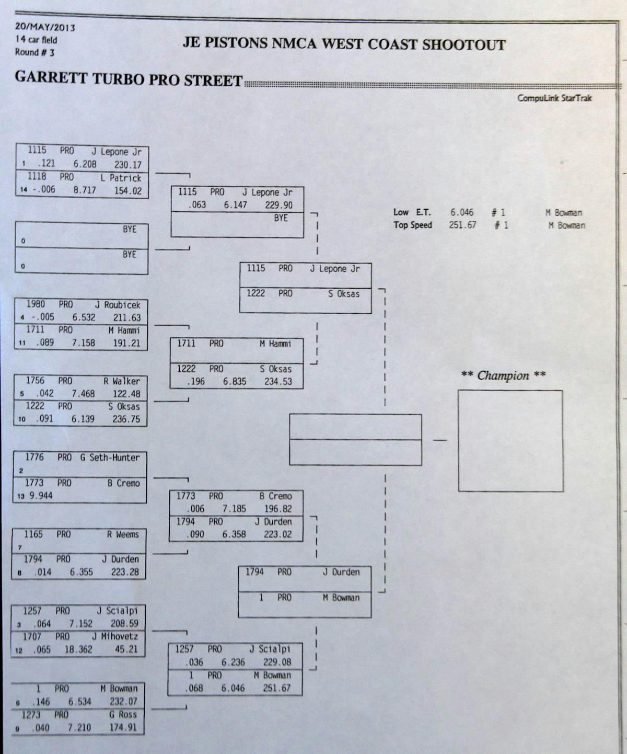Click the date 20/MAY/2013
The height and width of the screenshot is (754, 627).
pyautogui.click(x=45, y=27)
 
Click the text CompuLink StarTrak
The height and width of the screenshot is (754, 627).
pyautogui.click(x=554, y=98)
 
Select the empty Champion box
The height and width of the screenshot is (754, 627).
pyautogui.click(x=510, y=440)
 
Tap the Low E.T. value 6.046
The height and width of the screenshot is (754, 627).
pyautogui.click(x=462, y=212)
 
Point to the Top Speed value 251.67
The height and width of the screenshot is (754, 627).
pyautogui.click(x=462, y=225)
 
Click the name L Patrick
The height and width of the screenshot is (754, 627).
pyautogui.click(x=121, y=178)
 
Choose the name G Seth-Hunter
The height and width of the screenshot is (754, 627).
pyautogui.click(x=110, y=458)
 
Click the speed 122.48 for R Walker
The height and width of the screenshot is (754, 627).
pyautogui.click(x=126, y=394)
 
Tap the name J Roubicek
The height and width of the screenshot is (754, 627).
pyautogui.click(x=117, y=305)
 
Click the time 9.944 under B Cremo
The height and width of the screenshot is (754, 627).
pyautogui.click(x=41, y=495)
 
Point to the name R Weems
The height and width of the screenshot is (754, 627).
pyautogui.click(x=123, y=534)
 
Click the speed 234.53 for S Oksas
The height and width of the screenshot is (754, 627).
pyautogui.click(x=278, y=381)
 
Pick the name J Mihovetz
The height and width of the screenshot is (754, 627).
pyautogui.click(x=115, y=636)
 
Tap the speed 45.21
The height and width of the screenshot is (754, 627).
pyautogui.click(x=126, y=649)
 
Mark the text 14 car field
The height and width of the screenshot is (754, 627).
pyautogui.click(x=36, y=40)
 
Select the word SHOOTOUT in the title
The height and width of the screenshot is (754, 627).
pyautogui.click(x=463, y=44)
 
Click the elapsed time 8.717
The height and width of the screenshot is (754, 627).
pyautogui.click(x=85, y=190)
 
